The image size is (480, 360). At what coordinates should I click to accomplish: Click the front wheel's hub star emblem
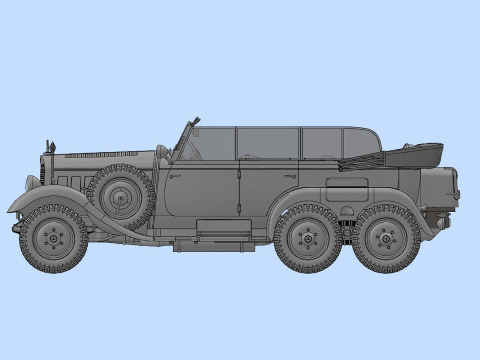point(54,239)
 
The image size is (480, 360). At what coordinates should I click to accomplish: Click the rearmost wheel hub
point(387,239)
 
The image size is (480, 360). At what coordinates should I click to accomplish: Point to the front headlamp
point(31,184)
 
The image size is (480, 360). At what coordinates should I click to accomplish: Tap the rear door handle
point(289,175)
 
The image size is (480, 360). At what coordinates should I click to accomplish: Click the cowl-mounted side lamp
point(162,151)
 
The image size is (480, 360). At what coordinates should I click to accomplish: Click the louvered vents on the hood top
point(109,154)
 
